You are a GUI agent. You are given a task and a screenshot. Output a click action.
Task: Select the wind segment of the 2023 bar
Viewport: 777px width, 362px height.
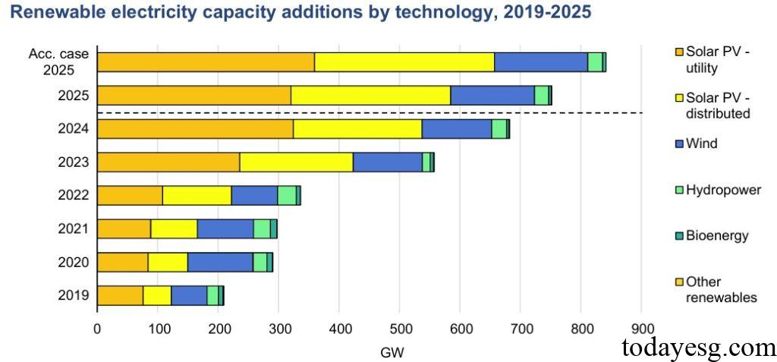(387, 162)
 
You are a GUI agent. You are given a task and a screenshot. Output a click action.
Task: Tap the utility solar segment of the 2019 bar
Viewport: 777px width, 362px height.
(120, 295)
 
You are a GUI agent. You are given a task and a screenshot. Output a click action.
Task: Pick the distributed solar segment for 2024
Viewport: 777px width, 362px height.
(357, 128)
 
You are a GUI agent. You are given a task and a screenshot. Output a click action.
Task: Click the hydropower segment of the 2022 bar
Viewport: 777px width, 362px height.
(286, 195)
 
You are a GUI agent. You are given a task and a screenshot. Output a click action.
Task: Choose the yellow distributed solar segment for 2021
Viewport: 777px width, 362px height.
(174, 228)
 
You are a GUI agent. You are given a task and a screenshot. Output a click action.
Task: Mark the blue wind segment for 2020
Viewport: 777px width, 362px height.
(220, 262)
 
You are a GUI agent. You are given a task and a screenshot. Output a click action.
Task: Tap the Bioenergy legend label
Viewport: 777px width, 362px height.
(716, 235)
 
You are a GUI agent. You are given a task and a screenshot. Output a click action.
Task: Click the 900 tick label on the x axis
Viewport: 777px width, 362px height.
(642, 329)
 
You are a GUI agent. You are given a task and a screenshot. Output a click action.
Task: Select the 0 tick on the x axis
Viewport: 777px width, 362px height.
(97, 329)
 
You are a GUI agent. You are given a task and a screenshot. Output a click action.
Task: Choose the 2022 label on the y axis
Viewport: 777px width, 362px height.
(74, 195)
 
